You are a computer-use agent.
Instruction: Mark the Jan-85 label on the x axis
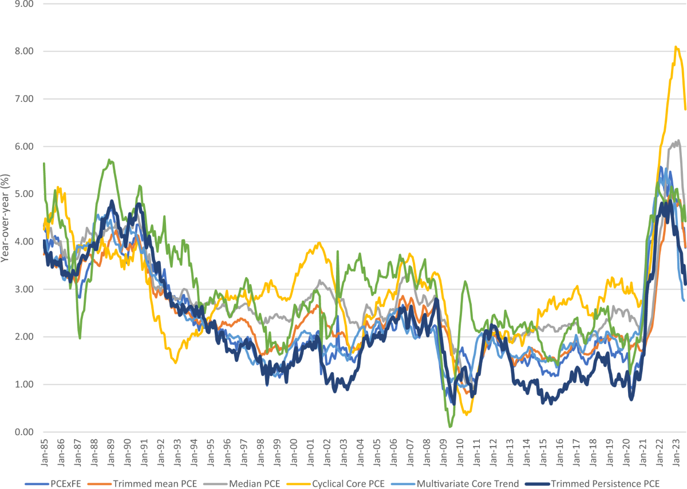click(x=45, y=452)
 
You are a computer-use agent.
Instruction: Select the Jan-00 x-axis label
click(x=294, y=452)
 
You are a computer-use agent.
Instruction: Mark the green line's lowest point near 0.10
click(x=450, y=427)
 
